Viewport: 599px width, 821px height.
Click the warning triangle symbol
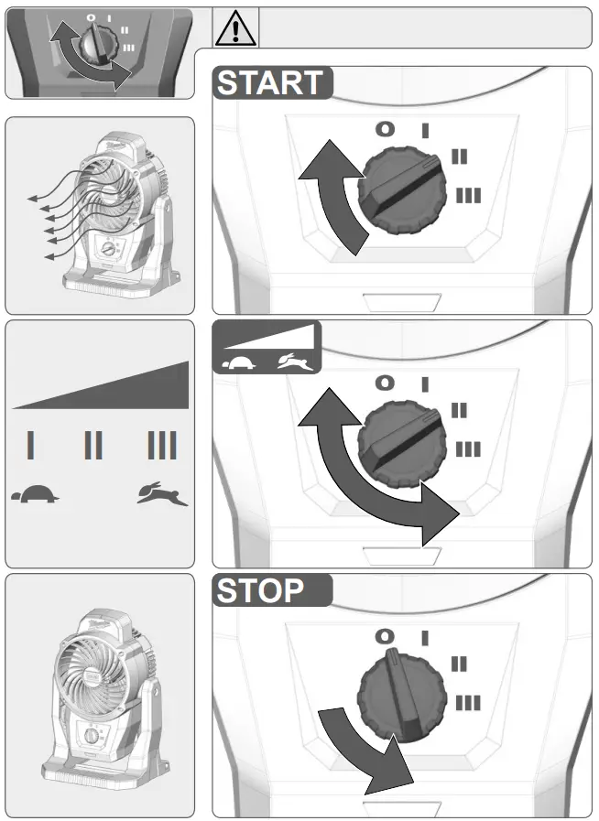(x=235, y=29)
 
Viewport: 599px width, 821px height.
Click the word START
(x=270, y=83)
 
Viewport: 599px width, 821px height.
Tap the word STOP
(x=260, y=591)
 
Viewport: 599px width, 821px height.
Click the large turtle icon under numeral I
(x=34, y=495)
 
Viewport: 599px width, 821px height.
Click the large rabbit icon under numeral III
(x=162, y=495)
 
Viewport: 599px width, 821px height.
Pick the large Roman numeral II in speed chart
(x=93, y=446)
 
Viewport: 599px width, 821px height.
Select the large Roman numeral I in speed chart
(x=31, y=446)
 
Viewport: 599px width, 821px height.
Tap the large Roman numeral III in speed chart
(x=162, y=446)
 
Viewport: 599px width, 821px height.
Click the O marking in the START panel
(x=386, y=129)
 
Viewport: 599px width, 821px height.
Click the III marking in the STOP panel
(x=468, y=703)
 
